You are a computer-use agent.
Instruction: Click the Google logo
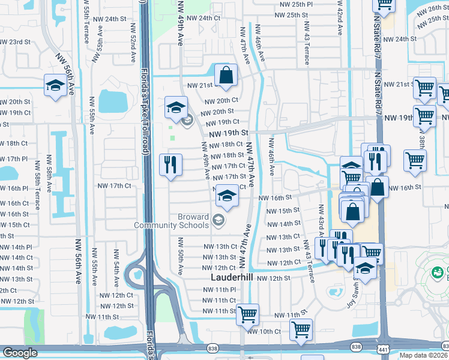(x=20, y=353)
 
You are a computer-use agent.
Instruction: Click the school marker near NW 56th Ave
(x=55, y=86)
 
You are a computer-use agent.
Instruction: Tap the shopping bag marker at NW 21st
(x=226, y=76)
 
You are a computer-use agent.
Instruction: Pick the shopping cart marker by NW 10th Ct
(x=300, y=329)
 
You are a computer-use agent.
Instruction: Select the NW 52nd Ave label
(x=133, y=47)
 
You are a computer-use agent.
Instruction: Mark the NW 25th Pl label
(x=293, y=4)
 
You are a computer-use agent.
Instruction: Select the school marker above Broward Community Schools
(x=226, y=196)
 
